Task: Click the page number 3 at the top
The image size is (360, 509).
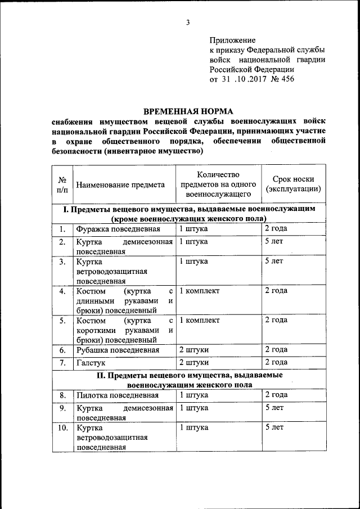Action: [x=188, y=22]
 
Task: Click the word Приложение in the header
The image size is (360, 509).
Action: [x=232, y=40]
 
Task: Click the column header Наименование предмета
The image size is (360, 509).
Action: [x=120, y=184]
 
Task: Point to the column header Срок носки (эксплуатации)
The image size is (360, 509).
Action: [x=293, y=184]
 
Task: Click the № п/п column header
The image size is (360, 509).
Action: [x=62, y=184]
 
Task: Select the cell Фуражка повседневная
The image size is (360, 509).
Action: [x=119, y=229]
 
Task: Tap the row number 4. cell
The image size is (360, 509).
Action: [x=62, y=291]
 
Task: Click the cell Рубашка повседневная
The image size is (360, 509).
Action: [x=119, y=350]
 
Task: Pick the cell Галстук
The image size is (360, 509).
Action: [x=91, y=362]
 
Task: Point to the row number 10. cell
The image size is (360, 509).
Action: [x=62, y=427]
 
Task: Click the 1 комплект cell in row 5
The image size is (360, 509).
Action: [x=199, y=320]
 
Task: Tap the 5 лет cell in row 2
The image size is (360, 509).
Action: [x=274, y=242]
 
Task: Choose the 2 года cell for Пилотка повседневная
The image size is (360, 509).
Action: [x=276, y=395]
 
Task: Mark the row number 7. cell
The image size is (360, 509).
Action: [x=62, y=362]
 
